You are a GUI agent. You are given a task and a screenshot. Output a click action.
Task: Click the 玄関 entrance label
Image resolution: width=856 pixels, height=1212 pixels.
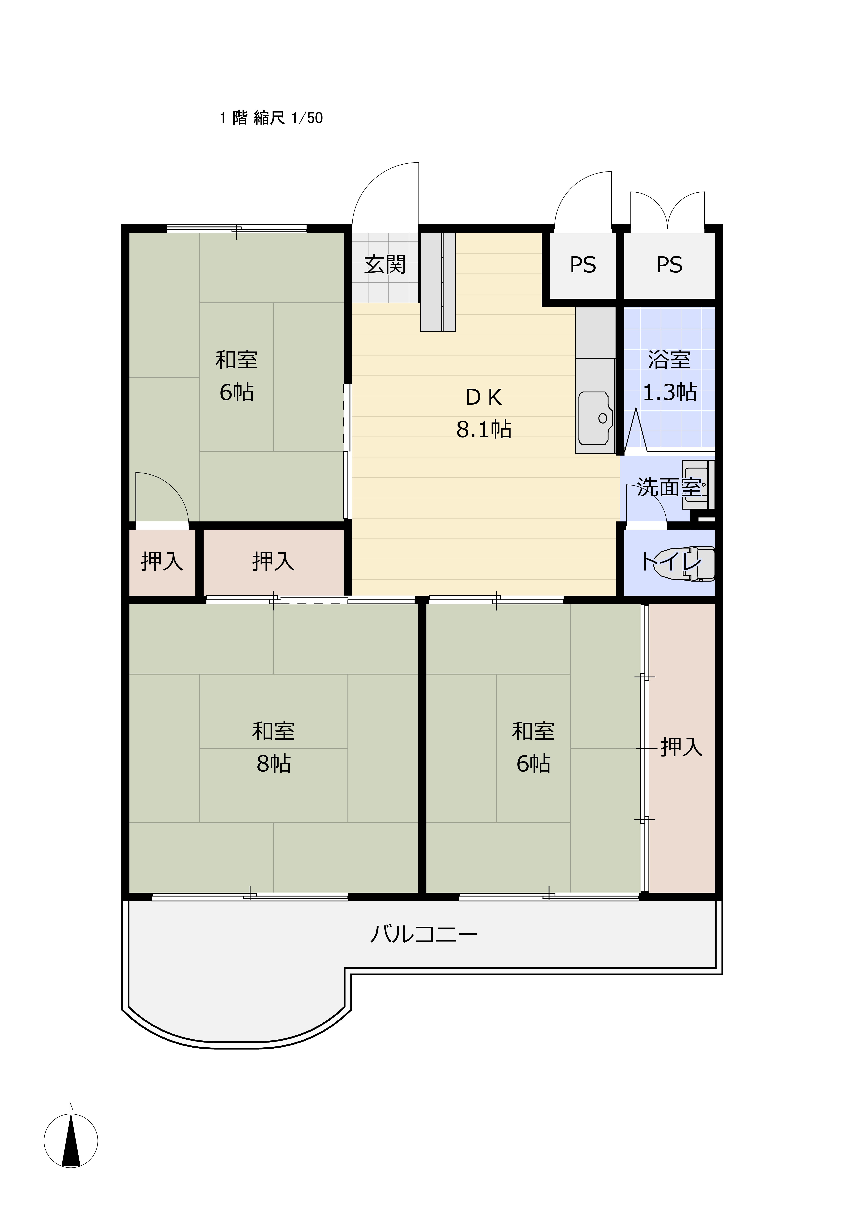[x=385, y=264]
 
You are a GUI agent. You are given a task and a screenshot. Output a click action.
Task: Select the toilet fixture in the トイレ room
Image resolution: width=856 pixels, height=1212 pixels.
[x=684, y=564]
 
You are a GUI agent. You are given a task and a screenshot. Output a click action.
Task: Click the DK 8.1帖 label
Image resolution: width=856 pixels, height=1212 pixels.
[x=484, y=413]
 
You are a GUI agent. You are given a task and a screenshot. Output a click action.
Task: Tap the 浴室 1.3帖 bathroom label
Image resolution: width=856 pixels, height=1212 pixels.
[x=669, y=376]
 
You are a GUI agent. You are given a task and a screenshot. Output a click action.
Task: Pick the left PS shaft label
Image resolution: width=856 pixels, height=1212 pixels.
[x=583, y=264]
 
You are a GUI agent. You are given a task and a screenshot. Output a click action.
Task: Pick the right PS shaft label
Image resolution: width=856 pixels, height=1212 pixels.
[x=669, y=264]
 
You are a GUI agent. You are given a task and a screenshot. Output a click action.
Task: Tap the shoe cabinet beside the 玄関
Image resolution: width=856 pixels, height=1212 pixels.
[x=438, y=282]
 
